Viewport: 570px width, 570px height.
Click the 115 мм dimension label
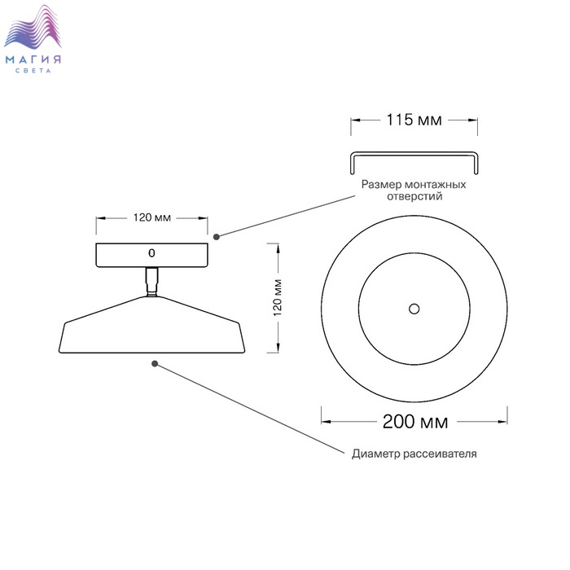(414, 120)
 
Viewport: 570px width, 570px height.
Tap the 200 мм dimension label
(415, 422)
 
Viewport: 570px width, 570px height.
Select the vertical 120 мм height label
(278, 298)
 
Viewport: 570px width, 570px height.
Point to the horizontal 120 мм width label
(152, 217)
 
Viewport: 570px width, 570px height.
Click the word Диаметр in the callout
(376, 454)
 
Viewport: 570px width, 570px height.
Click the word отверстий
(414, 196)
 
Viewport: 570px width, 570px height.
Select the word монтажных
(435, 184)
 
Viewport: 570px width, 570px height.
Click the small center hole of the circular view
(414, 309)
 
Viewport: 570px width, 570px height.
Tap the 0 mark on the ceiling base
(151, 253)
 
